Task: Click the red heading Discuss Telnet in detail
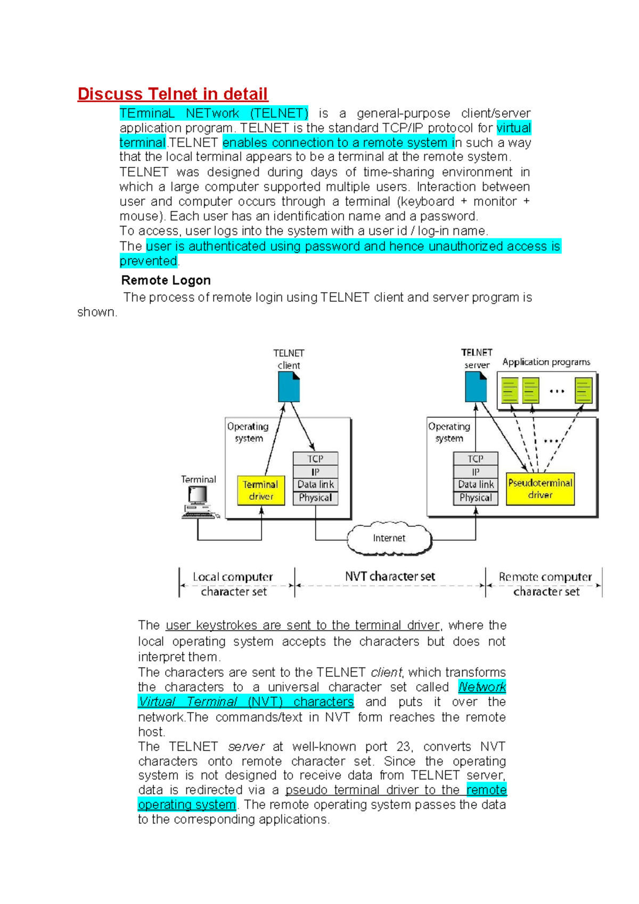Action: [173, 94]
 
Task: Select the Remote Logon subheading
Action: [166, 280]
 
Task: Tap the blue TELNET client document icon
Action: [289, 387]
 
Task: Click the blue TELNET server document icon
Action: [476, 386]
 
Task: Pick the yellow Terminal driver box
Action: [260, 490]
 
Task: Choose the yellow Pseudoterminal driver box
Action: [540, 489]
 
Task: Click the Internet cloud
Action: [389, 538]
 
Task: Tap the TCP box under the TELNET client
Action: [315, 459]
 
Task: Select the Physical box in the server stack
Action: [476, 498]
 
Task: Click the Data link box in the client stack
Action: [315, 485]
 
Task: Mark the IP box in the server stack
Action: [476, 472]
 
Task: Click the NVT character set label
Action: [390, 576]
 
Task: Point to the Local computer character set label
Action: [233, 584]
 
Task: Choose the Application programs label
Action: [546, 362]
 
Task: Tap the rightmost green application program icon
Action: [584, 390]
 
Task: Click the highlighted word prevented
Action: [148, 261]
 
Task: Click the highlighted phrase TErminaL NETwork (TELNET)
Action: [214, 114]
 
